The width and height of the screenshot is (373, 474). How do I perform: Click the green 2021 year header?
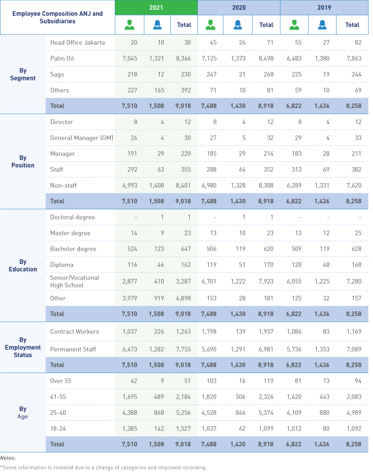[156, 7]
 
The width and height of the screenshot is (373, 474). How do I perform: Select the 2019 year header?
[324, 7]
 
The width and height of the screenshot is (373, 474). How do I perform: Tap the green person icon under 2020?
[210, 25]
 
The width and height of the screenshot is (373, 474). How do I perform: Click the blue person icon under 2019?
[322, 25]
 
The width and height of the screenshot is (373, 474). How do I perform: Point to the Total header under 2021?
[184, 25]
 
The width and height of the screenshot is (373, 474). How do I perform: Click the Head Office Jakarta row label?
[77, 42]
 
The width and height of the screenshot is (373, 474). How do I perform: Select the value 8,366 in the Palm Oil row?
[183, 58]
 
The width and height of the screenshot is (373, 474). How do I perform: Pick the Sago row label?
[57, 74]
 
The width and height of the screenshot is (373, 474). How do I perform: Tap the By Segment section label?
[23, 74]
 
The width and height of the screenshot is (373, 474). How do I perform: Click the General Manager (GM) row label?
[81, 138]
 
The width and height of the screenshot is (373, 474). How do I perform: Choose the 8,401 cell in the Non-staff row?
[183, 185]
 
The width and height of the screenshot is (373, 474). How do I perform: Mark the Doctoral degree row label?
[72, 217]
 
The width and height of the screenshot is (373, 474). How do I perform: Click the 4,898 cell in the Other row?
[183, 298]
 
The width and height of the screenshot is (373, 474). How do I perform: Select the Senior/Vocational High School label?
[74, 282]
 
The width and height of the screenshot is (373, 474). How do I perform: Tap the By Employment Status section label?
[23, 347]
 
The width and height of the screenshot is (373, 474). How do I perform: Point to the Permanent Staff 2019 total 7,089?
[354, 349]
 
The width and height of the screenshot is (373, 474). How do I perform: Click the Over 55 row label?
[61, 381]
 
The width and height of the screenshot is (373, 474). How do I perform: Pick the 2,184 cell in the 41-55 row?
[183, 397]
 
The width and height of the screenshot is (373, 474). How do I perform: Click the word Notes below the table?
[8, 458]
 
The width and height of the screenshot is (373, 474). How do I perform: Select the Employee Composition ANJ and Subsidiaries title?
[57, 17]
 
